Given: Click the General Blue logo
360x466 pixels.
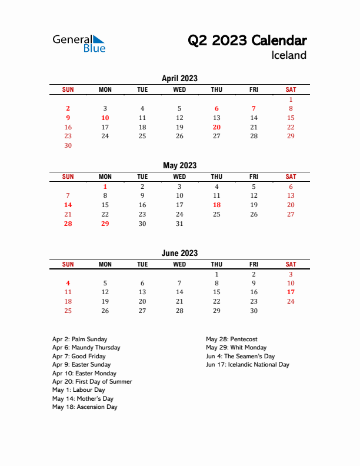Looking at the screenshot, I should point(79,44).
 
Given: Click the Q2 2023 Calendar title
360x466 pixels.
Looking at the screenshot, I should point(247,41).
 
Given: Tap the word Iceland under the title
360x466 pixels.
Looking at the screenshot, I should point(289,55).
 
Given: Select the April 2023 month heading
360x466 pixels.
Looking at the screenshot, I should point(179,78).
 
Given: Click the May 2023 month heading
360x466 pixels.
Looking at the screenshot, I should point(179,165).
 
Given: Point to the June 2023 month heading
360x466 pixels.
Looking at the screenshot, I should point(179,253).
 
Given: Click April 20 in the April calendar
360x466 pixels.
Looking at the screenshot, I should point(216,127).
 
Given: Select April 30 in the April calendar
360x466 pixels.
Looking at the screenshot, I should point(68,145).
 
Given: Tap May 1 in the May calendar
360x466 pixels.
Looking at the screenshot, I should point(105,187).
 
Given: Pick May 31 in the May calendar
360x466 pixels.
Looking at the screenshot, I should point(179,224).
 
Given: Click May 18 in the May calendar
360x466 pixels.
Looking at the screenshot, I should point(216,205).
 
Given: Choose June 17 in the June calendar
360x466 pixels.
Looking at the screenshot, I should point(291,292).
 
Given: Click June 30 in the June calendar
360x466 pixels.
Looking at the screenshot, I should point(254,311).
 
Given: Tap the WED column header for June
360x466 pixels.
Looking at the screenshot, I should point(179,265).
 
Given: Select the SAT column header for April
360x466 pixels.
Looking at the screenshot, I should point(291,89).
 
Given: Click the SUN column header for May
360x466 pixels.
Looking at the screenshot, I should point(68,177).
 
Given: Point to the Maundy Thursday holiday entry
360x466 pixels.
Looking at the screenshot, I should point(86,348).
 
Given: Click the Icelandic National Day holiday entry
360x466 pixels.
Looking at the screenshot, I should point(248,365).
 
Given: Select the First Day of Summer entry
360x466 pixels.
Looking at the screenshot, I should point(92,381).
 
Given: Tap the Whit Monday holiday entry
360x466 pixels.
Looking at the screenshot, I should point(236,348).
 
